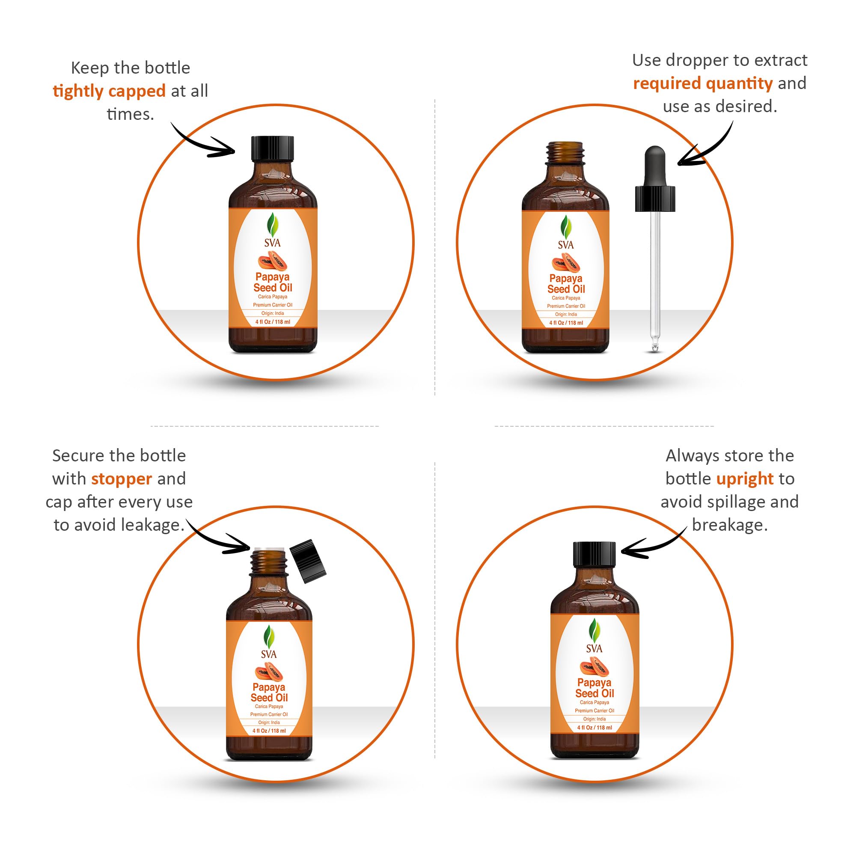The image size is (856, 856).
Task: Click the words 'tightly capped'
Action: pos(109,91)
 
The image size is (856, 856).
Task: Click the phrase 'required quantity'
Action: pos(703,83)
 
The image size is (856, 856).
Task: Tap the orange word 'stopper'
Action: pos(122,479)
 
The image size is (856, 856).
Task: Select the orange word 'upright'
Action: pos(745,479)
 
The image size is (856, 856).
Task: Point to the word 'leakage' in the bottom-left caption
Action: pos(151,525)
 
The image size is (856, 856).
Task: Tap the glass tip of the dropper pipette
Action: pos(654,345)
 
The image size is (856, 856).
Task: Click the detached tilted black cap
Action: pos(307,561)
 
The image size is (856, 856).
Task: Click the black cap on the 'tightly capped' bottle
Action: pos(273,149)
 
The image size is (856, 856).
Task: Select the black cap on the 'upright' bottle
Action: pos(594,554)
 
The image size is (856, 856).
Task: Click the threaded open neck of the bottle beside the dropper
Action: pos(565,153)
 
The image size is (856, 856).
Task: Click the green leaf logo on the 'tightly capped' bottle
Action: pos(273,225)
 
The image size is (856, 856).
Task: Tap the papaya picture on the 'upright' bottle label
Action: pos(594,667)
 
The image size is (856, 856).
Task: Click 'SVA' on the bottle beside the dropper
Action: pos(566,244)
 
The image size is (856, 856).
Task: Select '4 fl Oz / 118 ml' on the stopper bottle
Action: pos(269,731)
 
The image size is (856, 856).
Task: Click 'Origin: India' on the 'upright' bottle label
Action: pos(594,719)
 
